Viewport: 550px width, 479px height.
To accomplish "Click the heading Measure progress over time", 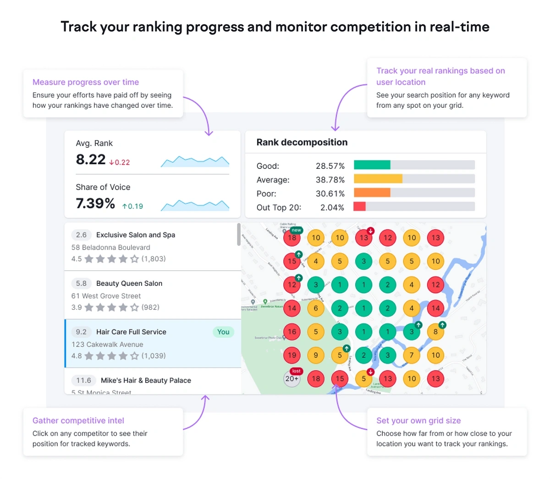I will point(86,82).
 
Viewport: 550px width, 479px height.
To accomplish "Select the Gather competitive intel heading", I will point(78,421).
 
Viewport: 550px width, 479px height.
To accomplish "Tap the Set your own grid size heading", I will point(418,421).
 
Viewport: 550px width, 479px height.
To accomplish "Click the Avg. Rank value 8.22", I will point(91,160).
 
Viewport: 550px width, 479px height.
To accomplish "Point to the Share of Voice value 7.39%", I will point(95,203).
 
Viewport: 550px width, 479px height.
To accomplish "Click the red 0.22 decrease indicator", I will point(120,162).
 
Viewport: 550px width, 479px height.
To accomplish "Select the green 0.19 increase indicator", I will point(133,206).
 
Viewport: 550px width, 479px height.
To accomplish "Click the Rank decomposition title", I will point(302,142).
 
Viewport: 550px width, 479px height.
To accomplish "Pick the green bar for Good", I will point(372,165).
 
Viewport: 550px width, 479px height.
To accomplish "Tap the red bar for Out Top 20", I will point(359,206).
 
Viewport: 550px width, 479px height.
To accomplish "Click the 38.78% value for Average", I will point(330,180).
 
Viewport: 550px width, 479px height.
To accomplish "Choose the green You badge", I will point(223,332).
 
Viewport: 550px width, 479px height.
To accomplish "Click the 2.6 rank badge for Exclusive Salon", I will point(81,235).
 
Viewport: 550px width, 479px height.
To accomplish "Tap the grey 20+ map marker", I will point(292,379).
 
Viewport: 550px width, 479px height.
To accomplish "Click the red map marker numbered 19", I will point(292,355).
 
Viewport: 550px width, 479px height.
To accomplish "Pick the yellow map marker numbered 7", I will point(412,355).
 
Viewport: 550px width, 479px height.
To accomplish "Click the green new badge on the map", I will point(297,230).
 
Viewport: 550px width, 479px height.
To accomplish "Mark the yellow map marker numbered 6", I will point(316,308).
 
